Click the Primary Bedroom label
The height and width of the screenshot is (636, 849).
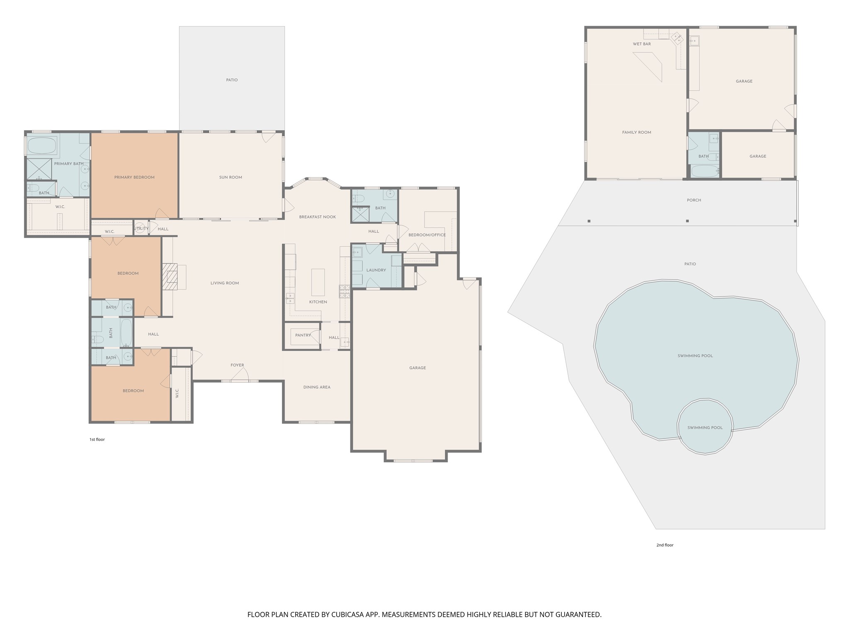click(x=134, y=177)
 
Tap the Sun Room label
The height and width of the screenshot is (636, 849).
click(x=230, y=177)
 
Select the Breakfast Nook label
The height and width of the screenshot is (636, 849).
click(x=318, y=217)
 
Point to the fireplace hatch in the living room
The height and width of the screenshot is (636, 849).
click(x=170, y=277)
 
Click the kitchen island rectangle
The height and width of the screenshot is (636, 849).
click(x=318, y=282)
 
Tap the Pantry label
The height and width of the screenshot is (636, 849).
click(x=303, y=335)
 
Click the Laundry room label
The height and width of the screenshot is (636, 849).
click(x=376, y=270)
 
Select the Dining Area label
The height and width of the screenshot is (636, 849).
click(x=317, y=387)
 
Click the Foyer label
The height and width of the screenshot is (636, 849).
click(x=238, y=365)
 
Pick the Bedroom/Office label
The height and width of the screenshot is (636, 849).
click(x=427, y=235)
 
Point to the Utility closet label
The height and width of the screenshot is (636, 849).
click(x=141, y=229)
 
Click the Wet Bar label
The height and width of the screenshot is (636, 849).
click(x=642, y=44)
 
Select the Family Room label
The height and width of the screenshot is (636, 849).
click(x=637, y=132)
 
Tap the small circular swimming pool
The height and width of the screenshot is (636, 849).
click(x=705, y=427)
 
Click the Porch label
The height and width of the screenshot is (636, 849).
click(x=694, y=200)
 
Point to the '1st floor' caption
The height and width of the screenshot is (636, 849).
click(x=97, y=439)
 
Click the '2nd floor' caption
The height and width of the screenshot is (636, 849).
click(x=665, y=545)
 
